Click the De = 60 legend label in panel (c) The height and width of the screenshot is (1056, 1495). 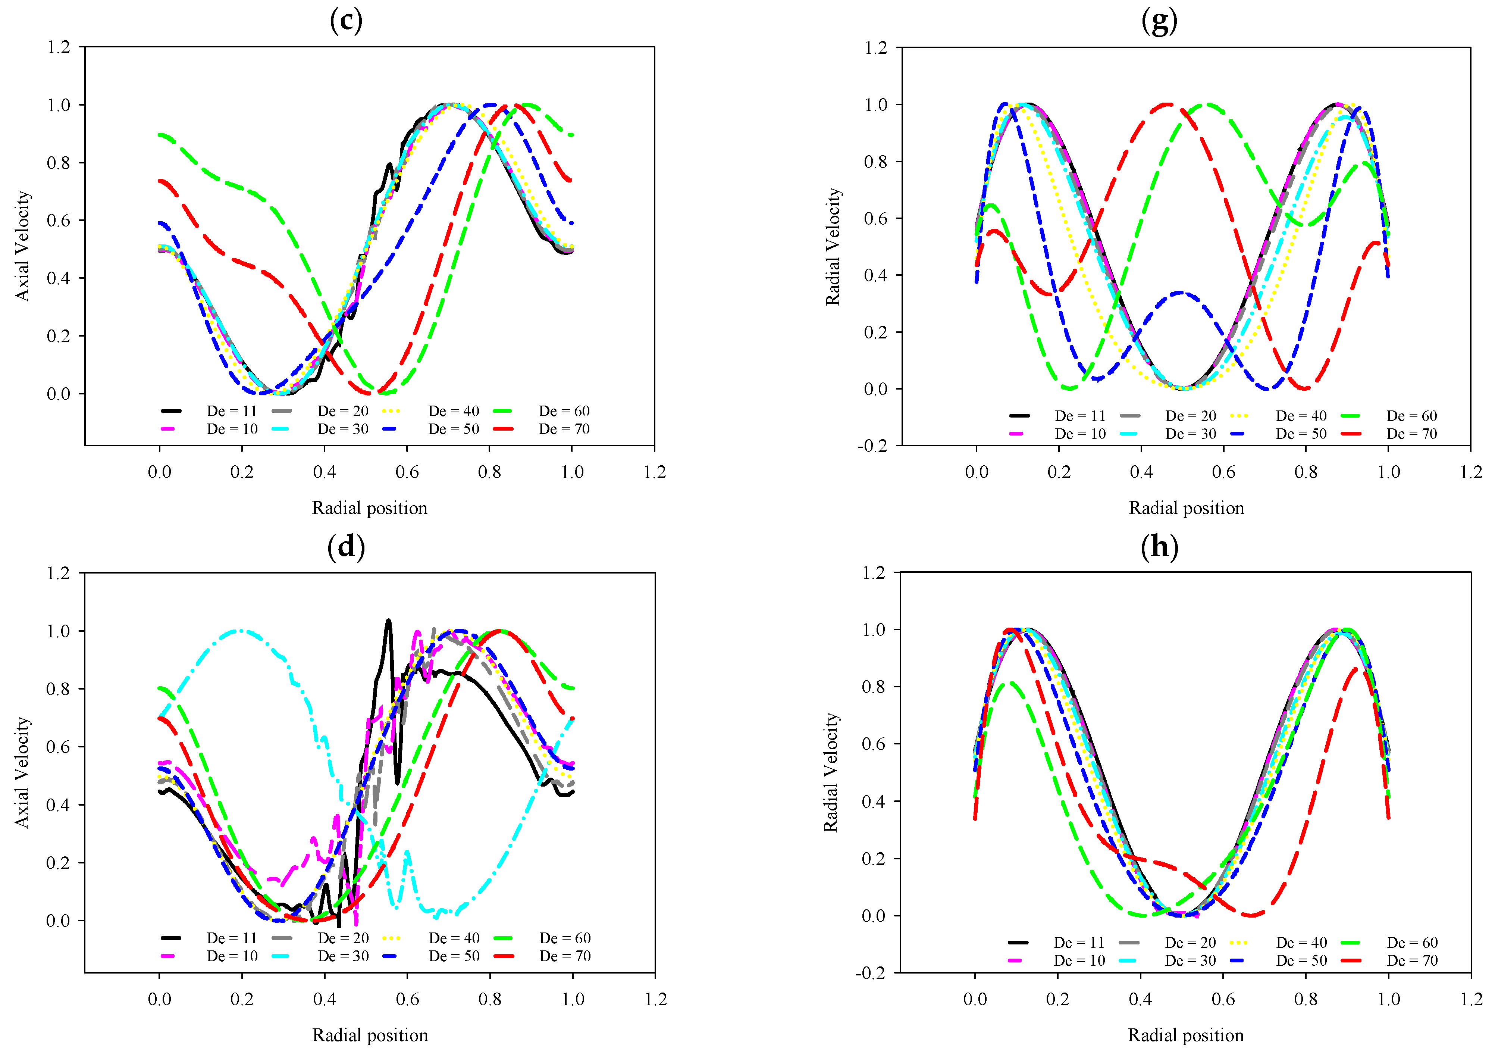click(564, 411)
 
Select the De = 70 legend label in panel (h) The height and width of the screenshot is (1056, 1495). click(1412, 960)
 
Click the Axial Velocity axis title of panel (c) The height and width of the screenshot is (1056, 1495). click(23, 246)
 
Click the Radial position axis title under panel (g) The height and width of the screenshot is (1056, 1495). click(1187, 508)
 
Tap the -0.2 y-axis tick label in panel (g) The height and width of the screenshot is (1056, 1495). click(872, 446)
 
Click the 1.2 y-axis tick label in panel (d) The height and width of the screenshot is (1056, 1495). click(59, 573)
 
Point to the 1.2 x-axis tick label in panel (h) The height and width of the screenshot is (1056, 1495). click(1471, 999)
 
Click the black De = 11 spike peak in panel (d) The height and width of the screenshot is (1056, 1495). click(389, 621)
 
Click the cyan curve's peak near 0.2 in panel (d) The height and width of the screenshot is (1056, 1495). click(242, 631)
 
